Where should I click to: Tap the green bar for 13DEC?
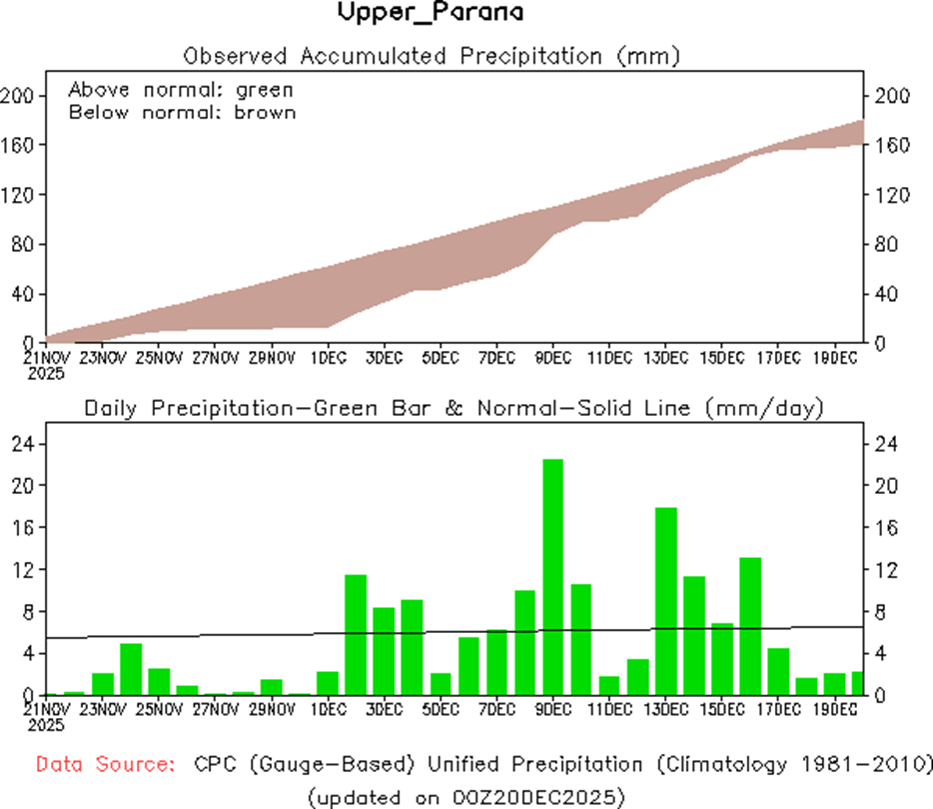click(x=665, y=600)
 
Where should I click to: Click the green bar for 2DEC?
click(x=356, y=634)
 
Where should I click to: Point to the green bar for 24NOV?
click(x=131, y=669)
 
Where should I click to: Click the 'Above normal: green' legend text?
click(x=181, y=89)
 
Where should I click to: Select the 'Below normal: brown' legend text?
click(x=183, y=112)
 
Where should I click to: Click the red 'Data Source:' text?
click(x=105, y=765)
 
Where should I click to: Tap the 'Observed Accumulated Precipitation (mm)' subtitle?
click(x=432, y=55)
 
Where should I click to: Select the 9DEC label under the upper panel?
click(x=552, y=357)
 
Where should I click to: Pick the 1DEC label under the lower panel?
click(x=328, y=709)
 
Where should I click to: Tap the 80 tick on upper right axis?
click(x=885, y=245)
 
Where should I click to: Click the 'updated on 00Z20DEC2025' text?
click(x=466, y=796)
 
